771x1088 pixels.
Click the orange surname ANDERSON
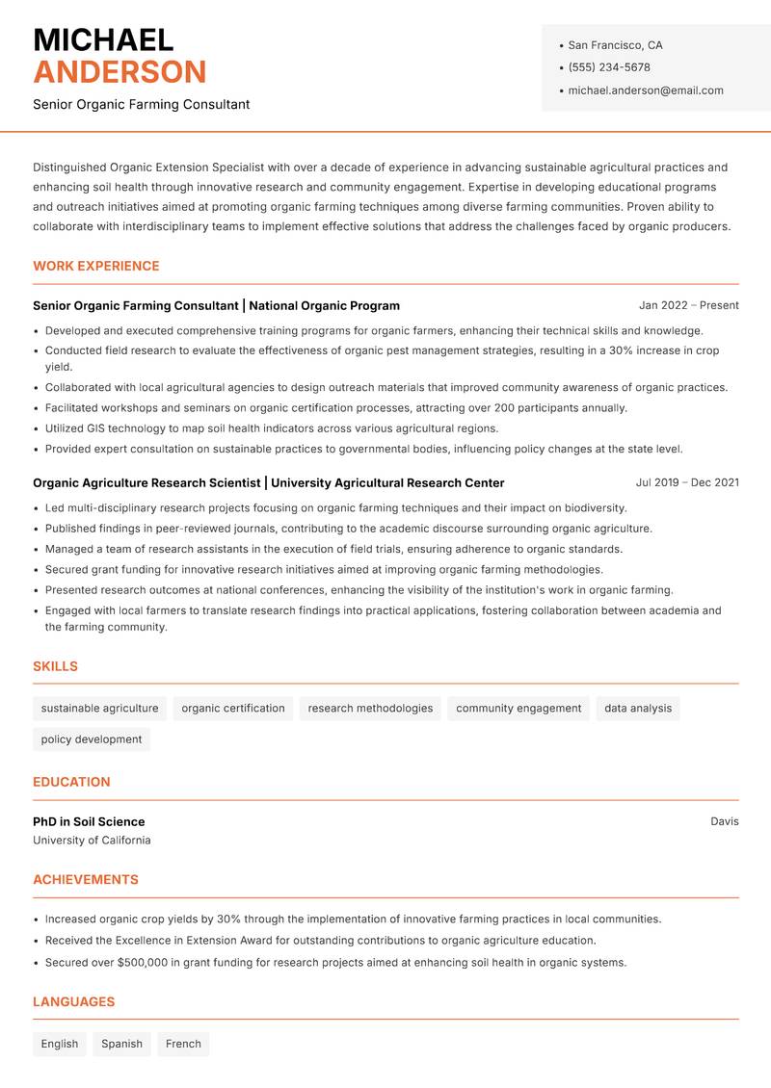point(120,72)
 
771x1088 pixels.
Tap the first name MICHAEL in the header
point(103,39)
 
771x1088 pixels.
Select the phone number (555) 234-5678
point(609,67)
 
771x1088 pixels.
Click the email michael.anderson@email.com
point(646,91)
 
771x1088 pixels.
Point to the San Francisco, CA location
point(615,45)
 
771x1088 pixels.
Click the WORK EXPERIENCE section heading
point(96,266)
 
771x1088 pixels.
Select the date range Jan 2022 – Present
point(688,305)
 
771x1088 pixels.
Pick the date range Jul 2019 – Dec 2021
point(687,482)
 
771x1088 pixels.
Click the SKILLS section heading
point(55,666)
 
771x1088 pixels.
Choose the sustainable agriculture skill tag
point(99,709)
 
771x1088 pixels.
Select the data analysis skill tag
point(638,709)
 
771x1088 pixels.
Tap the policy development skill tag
point(92,739)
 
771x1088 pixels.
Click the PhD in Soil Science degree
point(89,821)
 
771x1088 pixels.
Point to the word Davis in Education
point(725,821)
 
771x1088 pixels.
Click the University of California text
point(92,841)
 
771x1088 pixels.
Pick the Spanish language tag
point(121,1044)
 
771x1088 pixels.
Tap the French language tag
point(183,1044)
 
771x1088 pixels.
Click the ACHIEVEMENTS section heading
point(86,879)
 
